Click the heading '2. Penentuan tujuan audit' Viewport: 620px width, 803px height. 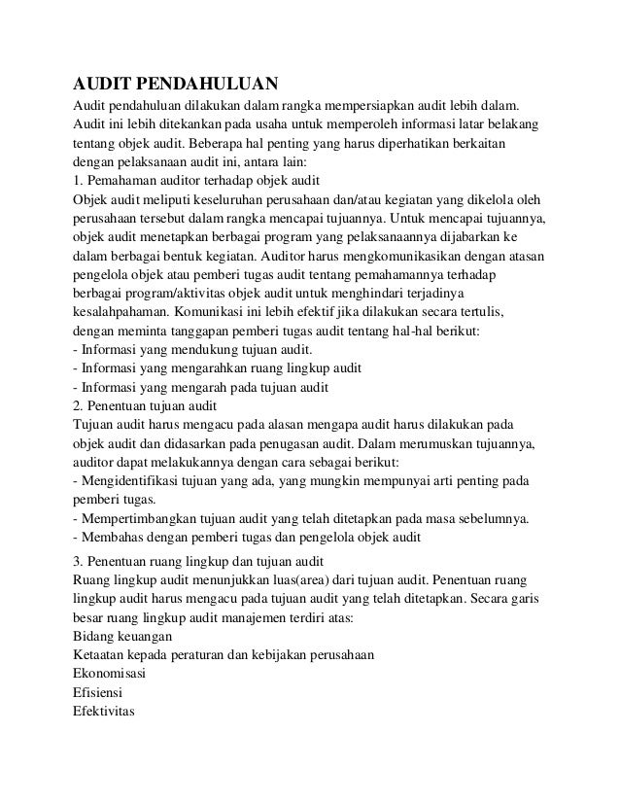point(146,406)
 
